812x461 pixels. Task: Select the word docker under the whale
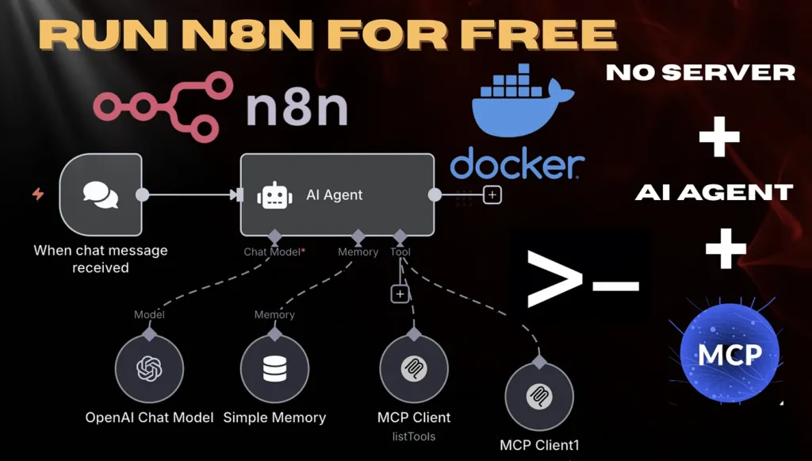517,165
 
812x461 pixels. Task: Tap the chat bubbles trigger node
101,195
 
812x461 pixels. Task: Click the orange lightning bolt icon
37,194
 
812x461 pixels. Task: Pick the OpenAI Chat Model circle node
149,369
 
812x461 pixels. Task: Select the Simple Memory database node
274,369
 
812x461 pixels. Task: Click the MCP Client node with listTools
413,369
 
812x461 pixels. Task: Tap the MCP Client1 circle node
540,396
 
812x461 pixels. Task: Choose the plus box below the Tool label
400,294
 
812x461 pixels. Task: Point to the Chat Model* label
273,252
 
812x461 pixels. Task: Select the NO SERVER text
700,73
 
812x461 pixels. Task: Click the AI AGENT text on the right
714,192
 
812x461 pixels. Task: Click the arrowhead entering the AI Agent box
236,194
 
